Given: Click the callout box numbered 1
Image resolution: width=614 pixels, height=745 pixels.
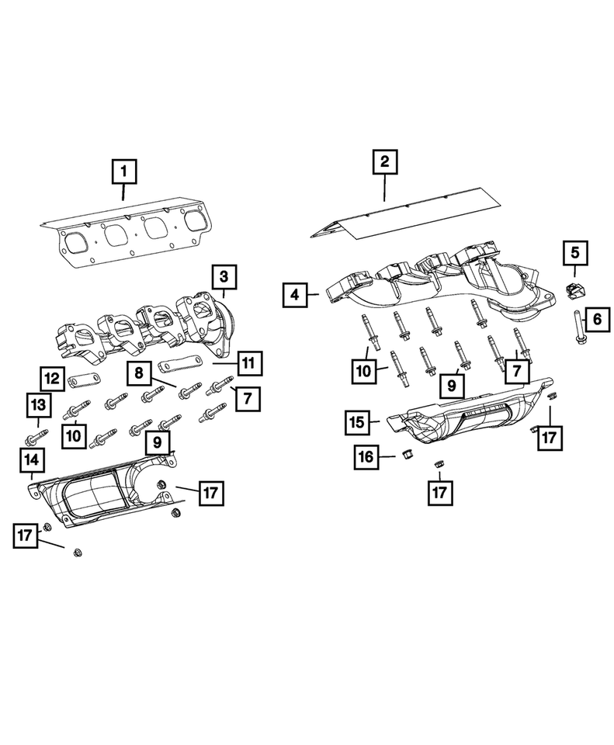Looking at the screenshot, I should coord(125,171).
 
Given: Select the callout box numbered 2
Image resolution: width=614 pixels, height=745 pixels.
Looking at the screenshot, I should coord(385,163).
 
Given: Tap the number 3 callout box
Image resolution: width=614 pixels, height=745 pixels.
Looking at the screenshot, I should coord(223,275).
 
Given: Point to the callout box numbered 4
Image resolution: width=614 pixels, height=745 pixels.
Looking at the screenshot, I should coord(294,295).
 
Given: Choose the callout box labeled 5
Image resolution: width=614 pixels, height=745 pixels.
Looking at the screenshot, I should coord(575,251).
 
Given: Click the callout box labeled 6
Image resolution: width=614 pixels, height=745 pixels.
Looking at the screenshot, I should coord(597,317).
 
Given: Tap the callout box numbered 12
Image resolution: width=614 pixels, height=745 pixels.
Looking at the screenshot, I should coord(52,379).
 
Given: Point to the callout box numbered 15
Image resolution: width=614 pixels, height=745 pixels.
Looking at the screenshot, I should coord(358,423).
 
